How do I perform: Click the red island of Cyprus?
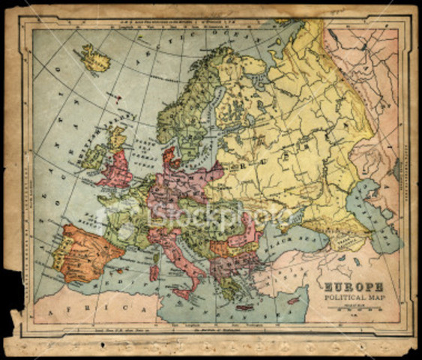pyautogui.click(x=294, y=301)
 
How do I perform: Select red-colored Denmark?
pyautogui.click(x=169, y=157)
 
